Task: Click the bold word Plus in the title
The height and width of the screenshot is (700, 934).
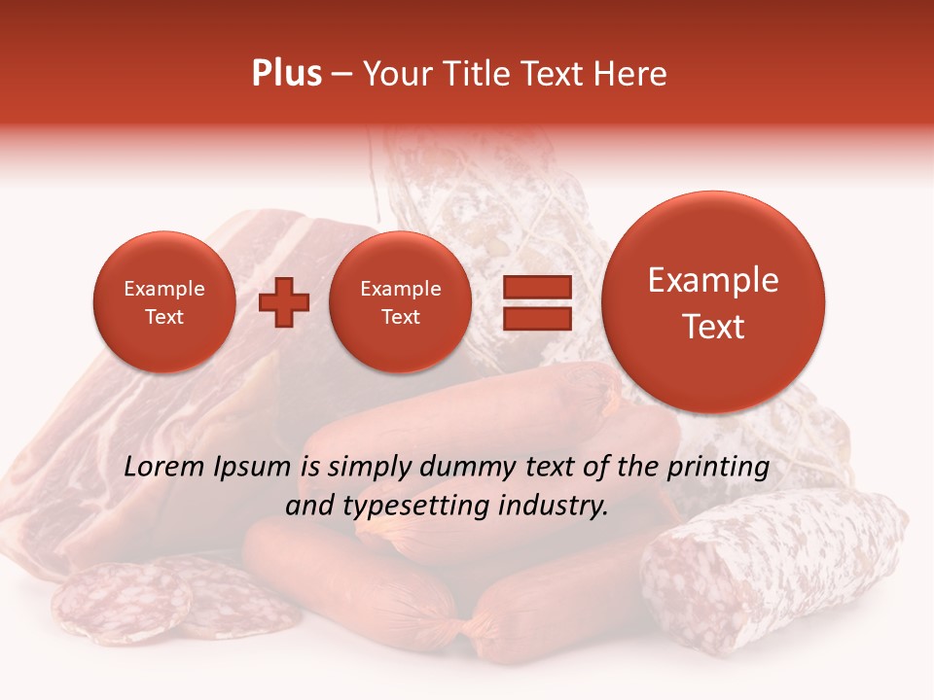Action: pyautogui.click(x=286, y=73)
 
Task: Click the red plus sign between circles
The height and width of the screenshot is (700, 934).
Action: pyautogui.click(x=283, y=302)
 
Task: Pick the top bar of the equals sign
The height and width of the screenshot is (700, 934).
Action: pyautogui.click(x=536, y=287)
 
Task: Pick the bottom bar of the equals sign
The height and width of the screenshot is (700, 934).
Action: pyautogui.click(x=536, y=318)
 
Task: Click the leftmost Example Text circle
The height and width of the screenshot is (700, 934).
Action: pyautogui.click(x=163, y=302)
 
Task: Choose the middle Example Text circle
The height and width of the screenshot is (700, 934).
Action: pyautogui.click(x=400, y=302)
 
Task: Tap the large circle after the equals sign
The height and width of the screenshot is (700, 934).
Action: pyautogui.click(x=713, y=302)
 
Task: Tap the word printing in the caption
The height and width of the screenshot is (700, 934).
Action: pyautogui.click(x=718, y=468)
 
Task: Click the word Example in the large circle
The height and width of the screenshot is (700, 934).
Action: pyautogui.click(x=713, y=280)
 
